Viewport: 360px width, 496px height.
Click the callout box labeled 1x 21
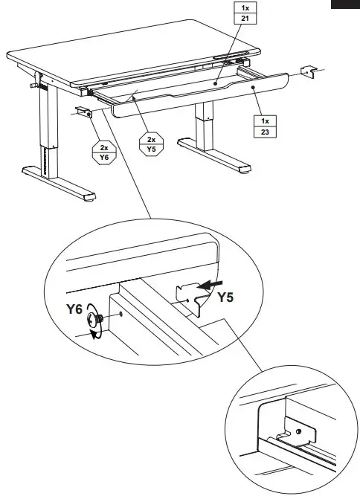click(243, 13)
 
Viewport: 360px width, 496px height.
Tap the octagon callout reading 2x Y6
click(103, 152)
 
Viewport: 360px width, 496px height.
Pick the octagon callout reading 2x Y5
click(152, 144)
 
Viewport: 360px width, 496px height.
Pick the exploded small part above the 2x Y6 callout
click(83, 112)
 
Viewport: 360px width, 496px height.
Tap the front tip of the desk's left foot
click(90, 199)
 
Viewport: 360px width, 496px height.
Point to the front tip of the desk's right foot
click(245, 176)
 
